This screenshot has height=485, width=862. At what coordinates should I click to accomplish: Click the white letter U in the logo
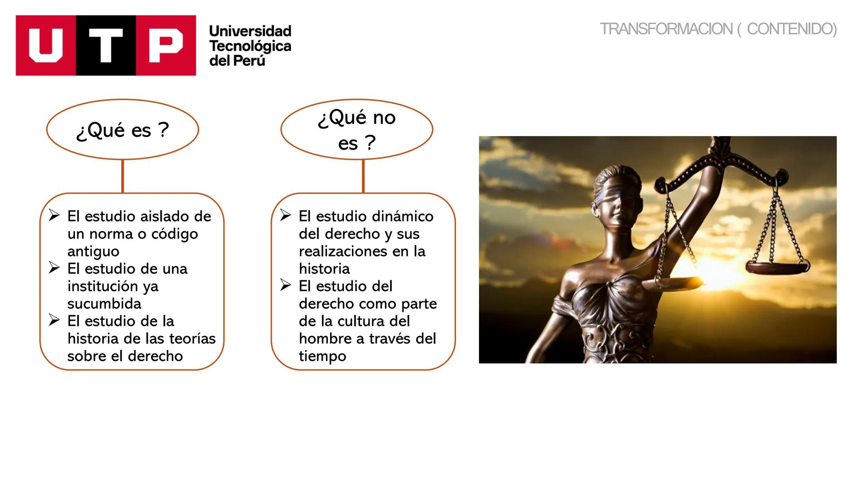(x=46, y=45)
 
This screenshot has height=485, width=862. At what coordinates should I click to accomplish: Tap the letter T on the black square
(x=106, y=45)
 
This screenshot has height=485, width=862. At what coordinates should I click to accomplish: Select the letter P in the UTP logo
(x=166, y=45)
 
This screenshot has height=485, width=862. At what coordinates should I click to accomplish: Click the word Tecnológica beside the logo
(x=250, y=46)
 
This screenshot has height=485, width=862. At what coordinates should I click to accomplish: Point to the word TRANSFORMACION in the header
(x=666, y=29)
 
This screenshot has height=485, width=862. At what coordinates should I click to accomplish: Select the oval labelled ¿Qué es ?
(x=123, y=129)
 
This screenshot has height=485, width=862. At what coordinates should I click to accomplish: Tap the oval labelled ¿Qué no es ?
(x=357, y=129)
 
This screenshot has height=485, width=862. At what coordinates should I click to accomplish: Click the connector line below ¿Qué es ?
(x=123, y=176)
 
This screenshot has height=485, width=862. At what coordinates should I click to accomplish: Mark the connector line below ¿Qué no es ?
(x=363, y=176)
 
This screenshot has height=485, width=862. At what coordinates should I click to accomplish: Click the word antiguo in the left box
(x=93, y=252)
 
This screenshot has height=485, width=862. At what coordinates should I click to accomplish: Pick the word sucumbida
(x=104, y=304)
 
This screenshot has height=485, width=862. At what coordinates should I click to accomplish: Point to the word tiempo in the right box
(x=322, y=357)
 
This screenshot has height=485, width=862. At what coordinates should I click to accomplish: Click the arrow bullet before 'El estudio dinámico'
(x=286, y=215)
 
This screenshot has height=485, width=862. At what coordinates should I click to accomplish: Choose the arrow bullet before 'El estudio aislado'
(x=54, y=215)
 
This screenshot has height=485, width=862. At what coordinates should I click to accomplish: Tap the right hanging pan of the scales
(x=777, y=268)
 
